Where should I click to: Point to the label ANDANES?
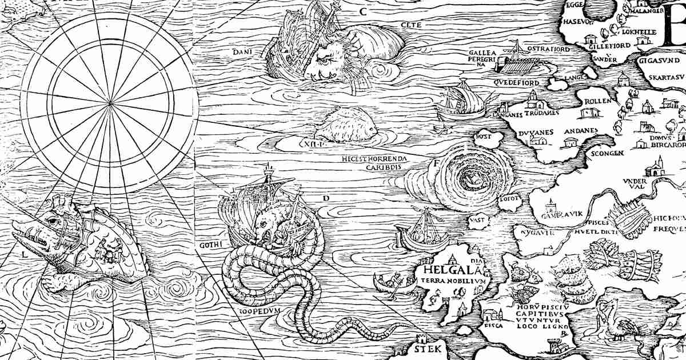580,131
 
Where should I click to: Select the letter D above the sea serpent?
325,198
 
